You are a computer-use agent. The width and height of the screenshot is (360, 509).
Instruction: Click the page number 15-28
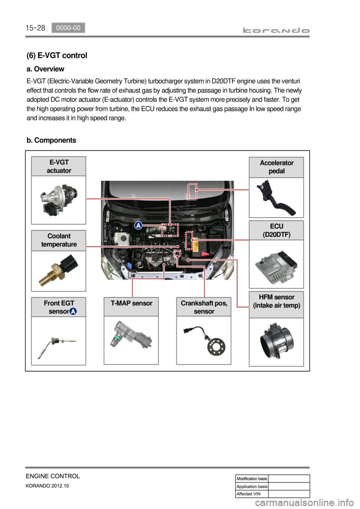pos(35,28)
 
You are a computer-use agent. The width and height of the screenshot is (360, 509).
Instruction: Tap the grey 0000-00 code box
pos(68,28)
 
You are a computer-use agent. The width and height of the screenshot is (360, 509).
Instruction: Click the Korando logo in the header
pos(276,30)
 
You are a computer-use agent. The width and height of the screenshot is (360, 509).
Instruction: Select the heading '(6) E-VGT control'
pos(57,55)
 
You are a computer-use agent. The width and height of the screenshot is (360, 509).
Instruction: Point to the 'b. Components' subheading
pos(51,140)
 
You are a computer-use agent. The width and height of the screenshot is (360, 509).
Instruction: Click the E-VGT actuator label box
pos(59,166)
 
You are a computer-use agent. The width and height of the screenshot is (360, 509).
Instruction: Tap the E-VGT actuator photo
pos(59,199)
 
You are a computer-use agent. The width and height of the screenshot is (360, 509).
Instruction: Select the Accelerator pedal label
pos(276,167)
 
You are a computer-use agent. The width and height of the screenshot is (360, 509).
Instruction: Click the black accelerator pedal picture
pos(276,197)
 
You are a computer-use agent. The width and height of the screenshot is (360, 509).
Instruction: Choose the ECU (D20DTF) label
pos(276,231)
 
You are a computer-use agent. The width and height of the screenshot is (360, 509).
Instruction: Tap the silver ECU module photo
pos(276,265)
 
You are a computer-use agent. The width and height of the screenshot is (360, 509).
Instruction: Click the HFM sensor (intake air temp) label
pos(276,301)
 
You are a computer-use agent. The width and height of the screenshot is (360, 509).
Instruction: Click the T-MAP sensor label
pos(131,303)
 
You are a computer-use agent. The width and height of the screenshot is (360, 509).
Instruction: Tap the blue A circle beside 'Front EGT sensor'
pos(73,311)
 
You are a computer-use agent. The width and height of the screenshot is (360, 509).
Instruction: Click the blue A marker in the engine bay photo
pos(138,225)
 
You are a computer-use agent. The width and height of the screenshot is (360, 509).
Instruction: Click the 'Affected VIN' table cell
pos(252,494)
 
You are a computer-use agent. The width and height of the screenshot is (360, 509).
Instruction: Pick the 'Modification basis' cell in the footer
pos(252,479)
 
